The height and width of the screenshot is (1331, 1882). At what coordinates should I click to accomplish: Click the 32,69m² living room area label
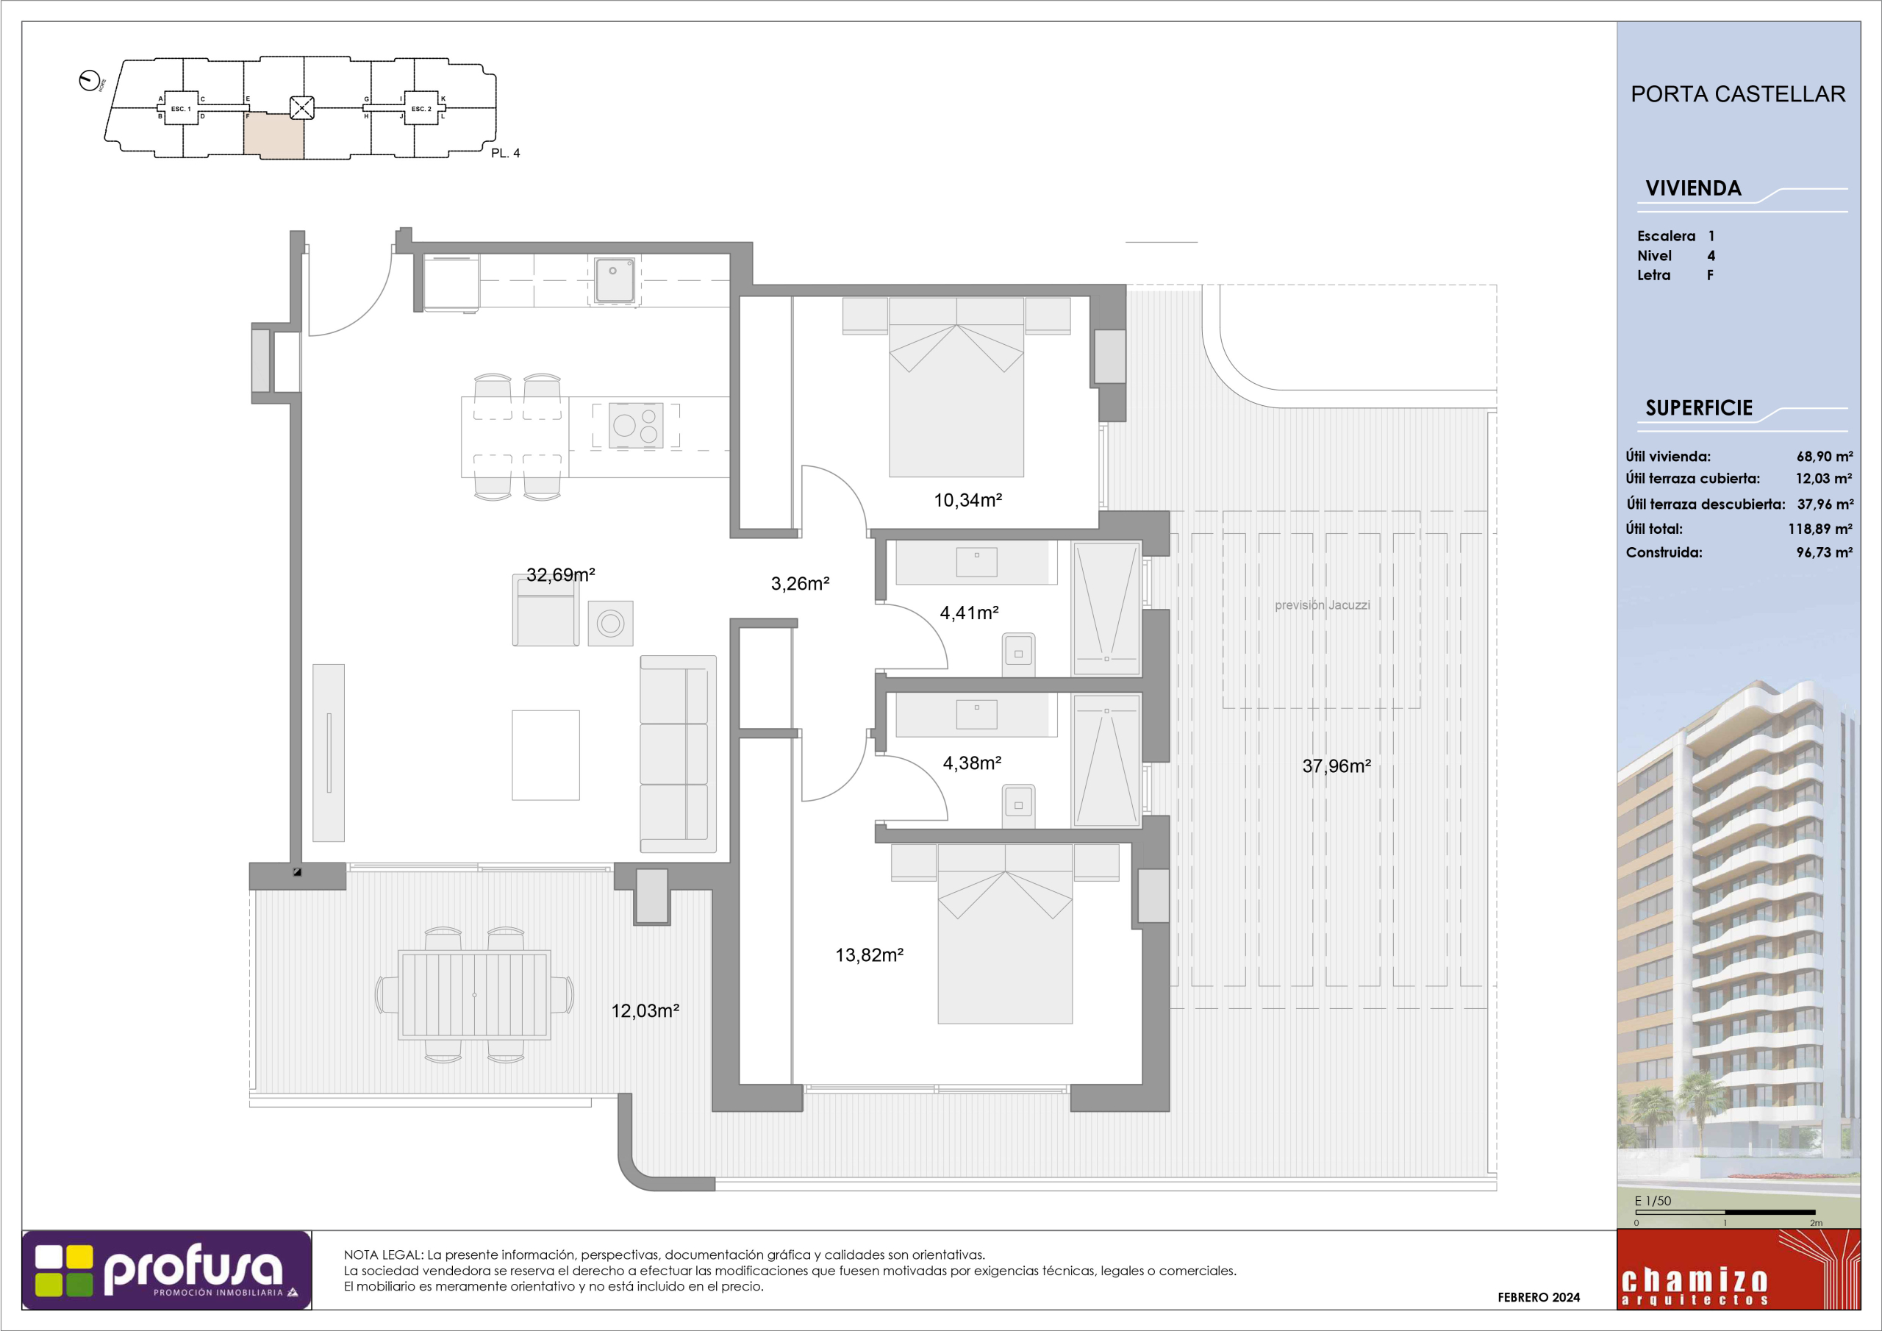pos(561,575)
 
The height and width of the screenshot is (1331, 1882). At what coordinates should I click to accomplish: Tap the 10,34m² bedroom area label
pos(968,500)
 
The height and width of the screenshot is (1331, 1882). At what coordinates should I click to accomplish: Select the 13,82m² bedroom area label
pos(869,955)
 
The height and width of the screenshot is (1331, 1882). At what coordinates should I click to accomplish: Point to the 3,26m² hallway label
pos(800,584)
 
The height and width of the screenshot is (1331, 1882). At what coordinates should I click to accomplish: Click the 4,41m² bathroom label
pos(969,613)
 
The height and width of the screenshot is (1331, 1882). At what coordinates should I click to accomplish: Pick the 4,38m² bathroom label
pos(972,763)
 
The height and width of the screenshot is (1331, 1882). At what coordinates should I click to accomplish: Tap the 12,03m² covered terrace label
pos(645,1011)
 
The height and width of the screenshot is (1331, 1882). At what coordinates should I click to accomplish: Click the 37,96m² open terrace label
pos(1336,766)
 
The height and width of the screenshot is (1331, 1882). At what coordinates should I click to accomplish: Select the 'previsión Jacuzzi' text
pos(1322,605)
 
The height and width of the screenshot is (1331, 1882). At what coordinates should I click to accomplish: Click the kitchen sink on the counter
pos(614,279)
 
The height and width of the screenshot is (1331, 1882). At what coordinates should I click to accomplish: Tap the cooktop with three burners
pos(636,426)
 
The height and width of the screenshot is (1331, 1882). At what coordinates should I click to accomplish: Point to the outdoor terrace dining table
pos(473,995)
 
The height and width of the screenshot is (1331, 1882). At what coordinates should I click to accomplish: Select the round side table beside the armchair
pos(610,624)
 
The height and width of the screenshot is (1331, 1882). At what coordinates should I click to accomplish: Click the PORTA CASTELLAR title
pos(1738,94)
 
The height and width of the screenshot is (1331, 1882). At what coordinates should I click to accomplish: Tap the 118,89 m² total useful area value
pos(1820,529)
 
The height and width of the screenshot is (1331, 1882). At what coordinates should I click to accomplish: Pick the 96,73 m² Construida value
pos(1824,553)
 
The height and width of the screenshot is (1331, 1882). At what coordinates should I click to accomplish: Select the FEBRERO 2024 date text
pos(1539,1297)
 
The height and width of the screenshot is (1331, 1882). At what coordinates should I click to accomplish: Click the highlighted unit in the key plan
pos(273,136)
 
